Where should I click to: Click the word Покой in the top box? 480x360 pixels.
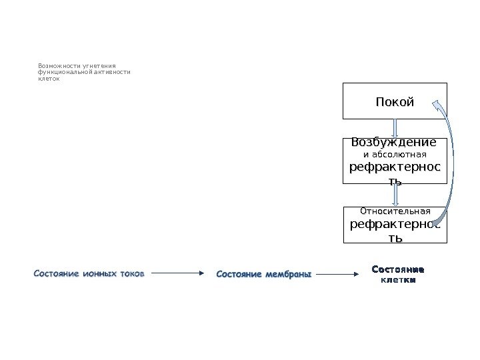[395, 102]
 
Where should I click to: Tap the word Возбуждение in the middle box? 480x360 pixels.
[393, 143]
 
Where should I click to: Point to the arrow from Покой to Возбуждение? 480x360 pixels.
[396, 128]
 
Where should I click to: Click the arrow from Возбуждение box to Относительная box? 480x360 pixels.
[396, 195]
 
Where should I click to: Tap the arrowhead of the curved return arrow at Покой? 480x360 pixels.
[437, 105]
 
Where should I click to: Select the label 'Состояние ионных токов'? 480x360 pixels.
[89, 273]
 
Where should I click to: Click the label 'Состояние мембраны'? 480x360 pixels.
[264, 273]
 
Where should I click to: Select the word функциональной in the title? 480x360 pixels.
[63, 72]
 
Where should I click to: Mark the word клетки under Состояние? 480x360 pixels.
[397, 280]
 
